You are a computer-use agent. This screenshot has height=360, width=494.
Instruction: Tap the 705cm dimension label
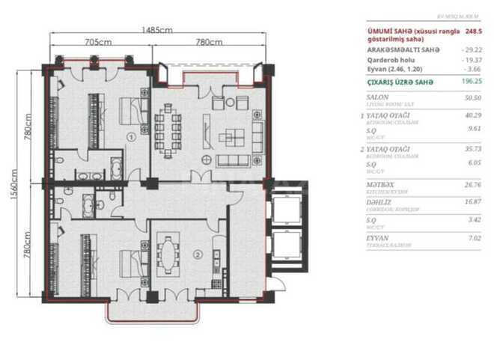click(x=98, y=43)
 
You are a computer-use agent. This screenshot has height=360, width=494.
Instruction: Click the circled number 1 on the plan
click(x=130, y=137)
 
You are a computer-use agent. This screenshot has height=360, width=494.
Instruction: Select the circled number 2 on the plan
click(x=198, y=254)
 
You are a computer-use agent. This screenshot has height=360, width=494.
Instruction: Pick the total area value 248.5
click(x=473, y=31)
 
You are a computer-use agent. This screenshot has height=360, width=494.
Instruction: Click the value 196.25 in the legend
click(x=471, y=83)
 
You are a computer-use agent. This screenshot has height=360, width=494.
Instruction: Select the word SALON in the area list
click(x=377, y=97)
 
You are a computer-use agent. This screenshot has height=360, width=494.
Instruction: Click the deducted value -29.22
click(x=472, y=49)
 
